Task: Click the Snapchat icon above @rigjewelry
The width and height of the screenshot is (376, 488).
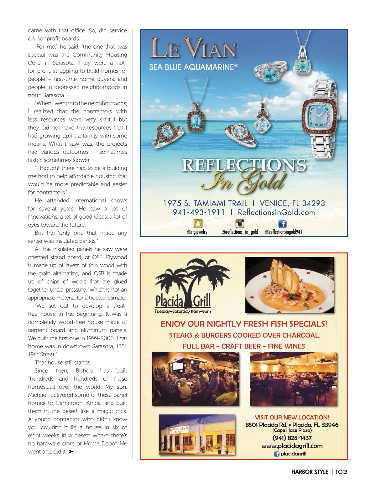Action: [x=198, y=223]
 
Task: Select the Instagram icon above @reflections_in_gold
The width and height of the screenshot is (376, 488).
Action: [x=240, y=223]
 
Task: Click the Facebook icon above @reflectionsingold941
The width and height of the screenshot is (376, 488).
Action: [x=282, y=223]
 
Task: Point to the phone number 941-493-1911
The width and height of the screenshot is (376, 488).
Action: [x=199, y=212]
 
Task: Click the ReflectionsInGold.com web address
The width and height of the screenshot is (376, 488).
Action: [x=276, y=212]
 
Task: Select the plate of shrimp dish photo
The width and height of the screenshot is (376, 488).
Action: [x=289, y=285]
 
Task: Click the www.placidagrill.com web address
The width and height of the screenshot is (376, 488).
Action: [x=292, y=446]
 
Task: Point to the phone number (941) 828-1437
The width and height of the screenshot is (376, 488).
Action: [x=292, y=438]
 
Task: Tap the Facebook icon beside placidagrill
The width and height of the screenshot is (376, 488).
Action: [x=277, y=454]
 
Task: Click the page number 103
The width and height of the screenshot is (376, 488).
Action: [x=341, y=472]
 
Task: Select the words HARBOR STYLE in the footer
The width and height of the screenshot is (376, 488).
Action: [x=309, y=472]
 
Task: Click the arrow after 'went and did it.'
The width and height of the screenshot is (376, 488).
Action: [x=71, y=451]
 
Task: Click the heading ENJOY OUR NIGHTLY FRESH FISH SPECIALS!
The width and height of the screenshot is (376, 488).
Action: [x=244, y=324]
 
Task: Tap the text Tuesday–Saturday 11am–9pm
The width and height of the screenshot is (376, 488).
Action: [x=183, y=311]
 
